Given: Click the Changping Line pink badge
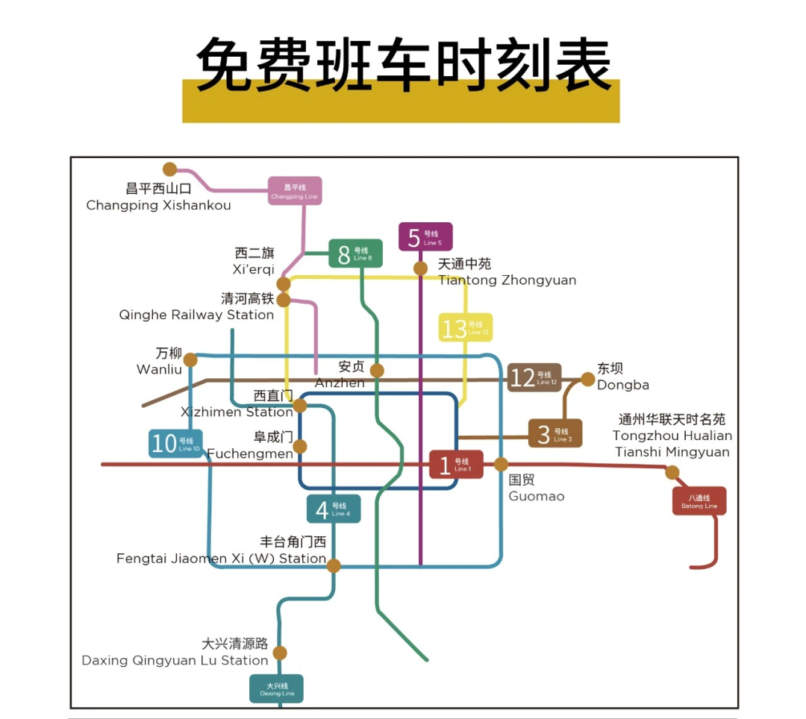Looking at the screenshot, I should coord(295,191).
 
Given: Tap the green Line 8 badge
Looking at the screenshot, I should coord(356,254).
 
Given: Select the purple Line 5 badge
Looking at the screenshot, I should coord(425,237).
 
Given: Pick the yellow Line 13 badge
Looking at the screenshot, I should coord(466,327).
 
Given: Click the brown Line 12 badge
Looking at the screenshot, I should coord(534,377).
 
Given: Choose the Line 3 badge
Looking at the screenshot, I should coord(555,433).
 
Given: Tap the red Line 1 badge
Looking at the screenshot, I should coord(456,465).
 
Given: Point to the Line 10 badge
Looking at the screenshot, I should coord(175,443).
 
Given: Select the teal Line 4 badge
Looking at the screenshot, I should coord(334,509).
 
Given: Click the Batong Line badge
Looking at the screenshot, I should coord(699,501).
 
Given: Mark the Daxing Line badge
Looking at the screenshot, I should coord(276,688).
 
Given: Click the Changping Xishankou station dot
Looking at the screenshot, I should coord(170,169).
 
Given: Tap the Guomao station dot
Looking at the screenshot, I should coord(501,465).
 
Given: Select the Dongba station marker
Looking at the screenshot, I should coord(587,380).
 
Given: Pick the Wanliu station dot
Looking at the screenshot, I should coord(190,359).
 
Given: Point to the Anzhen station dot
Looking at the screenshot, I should coord(377,371).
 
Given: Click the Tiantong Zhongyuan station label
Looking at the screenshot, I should coord(507,272).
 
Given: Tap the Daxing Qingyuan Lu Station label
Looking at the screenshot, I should coord(175,653).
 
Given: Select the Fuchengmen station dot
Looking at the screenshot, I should coord(300,447).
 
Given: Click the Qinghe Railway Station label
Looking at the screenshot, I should coord(196,307).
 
